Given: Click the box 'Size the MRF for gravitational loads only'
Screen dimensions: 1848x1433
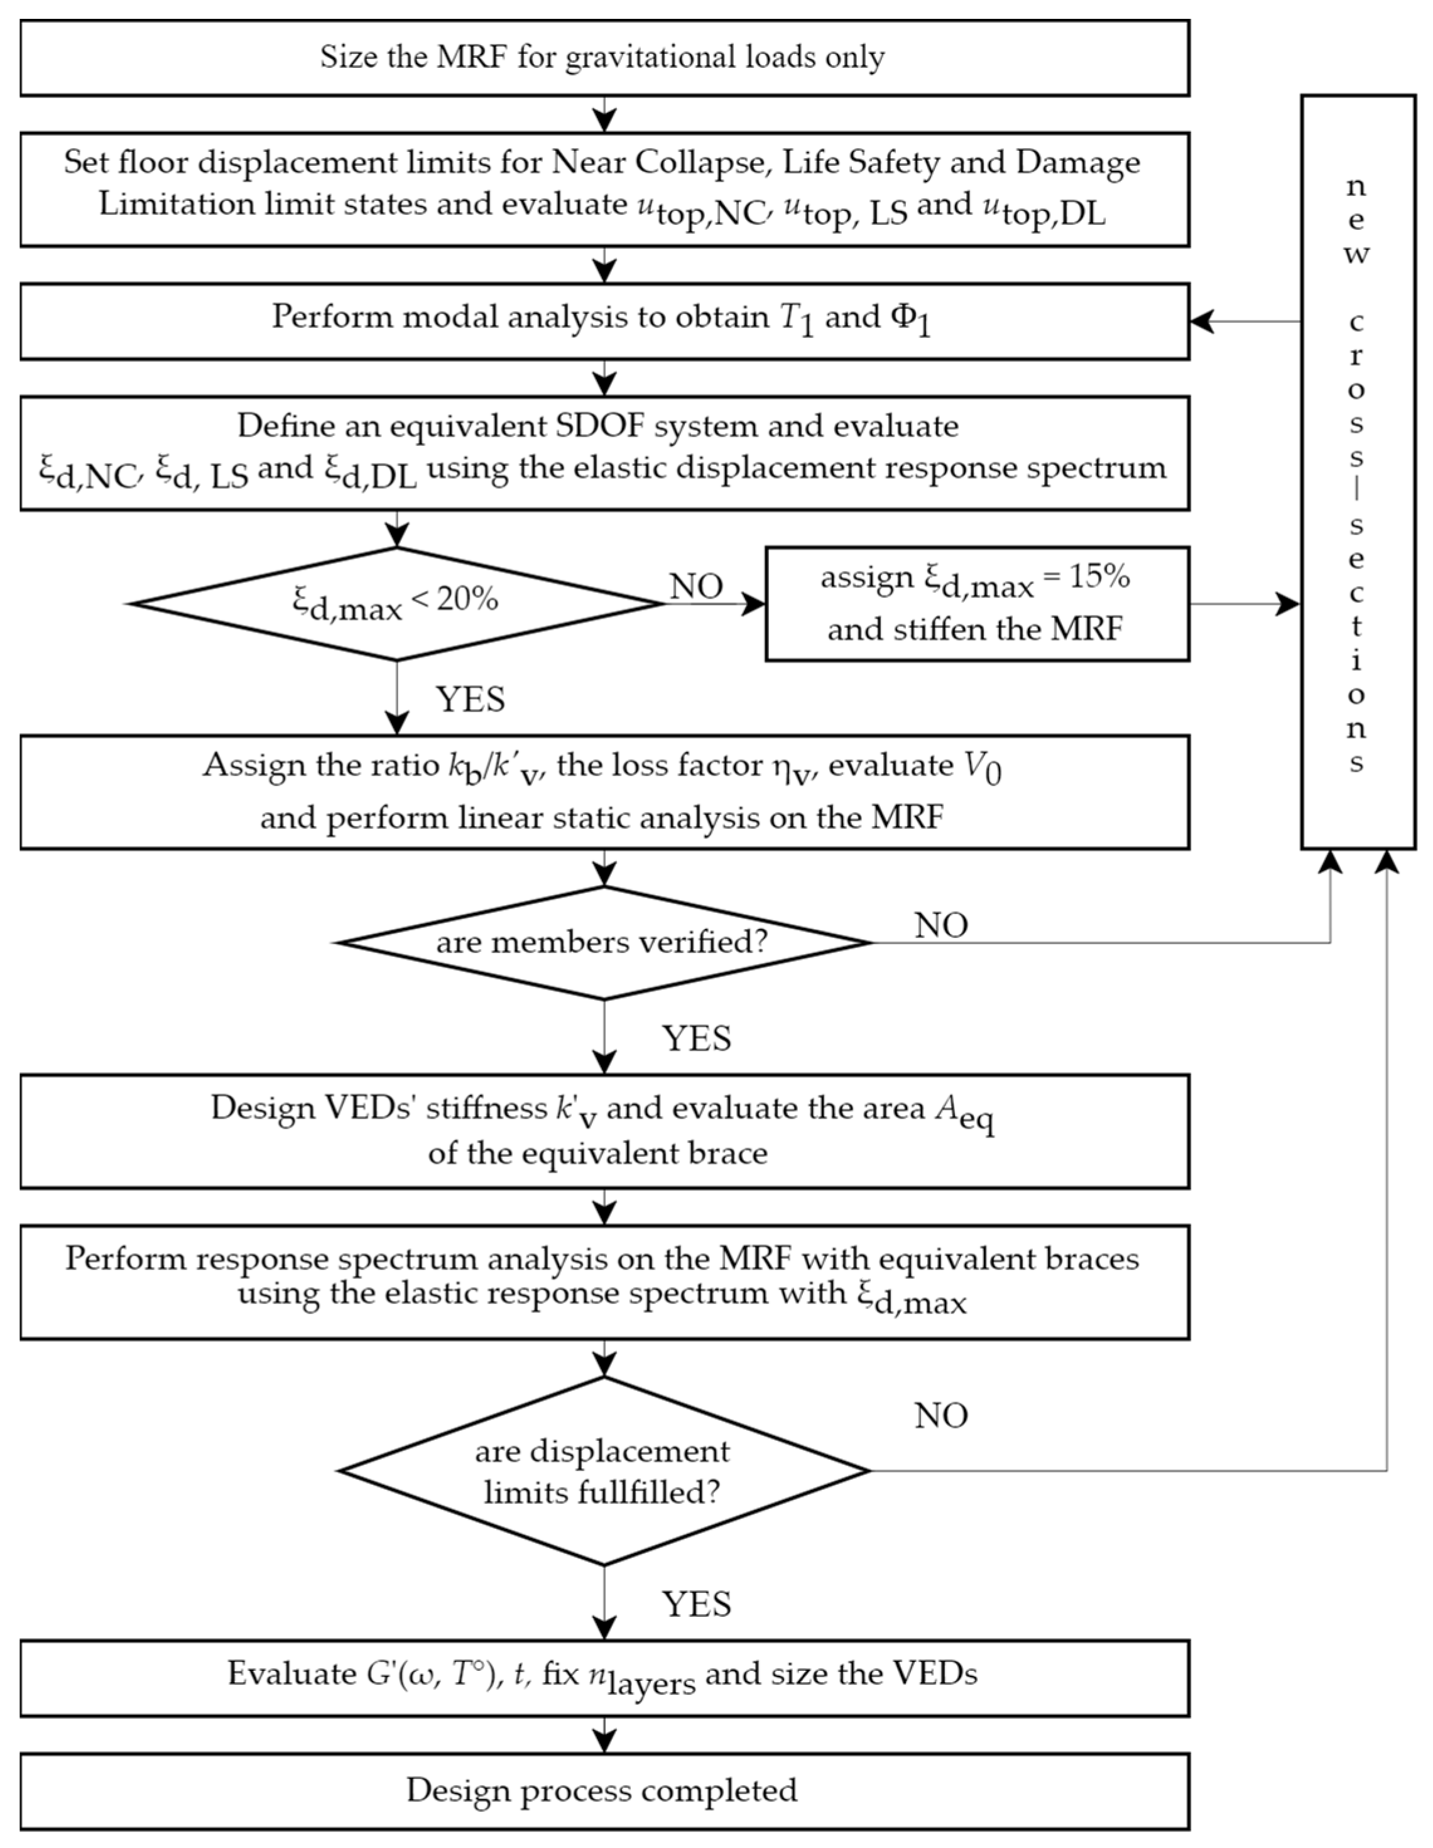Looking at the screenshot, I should pyautogui.click(x=604, y=58).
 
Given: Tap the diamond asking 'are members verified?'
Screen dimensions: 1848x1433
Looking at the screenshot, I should pyautogui.click(x=604, y=942).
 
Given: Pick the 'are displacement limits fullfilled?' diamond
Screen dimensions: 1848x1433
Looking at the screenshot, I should pyautogui.click(x=604, y=1470).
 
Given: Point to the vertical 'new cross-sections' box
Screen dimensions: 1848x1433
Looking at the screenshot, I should pyautogui.click(x=1357, y=471).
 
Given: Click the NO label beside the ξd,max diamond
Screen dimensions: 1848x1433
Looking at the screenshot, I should pyautogui.click(x=695, y=585).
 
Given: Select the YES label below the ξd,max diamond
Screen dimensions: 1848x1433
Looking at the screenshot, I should pyautogui.click(x=470, y=700).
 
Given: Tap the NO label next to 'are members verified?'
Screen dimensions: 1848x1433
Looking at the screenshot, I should pyautogui.click(x=940, y=925).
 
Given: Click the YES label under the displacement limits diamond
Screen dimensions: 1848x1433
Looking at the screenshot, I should pyautogui.click(x=695, y=1604).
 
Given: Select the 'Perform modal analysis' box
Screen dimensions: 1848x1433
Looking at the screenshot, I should pyautogui.click(x=604, y=322).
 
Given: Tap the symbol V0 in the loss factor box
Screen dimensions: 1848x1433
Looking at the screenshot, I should pyautogui.click(x=983, y=768).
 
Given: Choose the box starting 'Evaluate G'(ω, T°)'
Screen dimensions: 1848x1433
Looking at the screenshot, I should pyautogui.click(x=604, y=1677).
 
